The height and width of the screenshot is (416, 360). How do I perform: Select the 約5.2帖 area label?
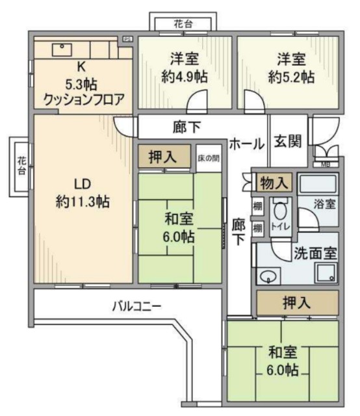290,76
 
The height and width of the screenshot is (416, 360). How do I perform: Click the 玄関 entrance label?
287,140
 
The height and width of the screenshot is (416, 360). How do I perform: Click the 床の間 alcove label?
207,158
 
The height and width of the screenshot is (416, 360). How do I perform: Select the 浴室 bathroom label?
326,203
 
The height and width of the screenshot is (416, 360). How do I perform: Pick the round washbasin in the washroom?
267,278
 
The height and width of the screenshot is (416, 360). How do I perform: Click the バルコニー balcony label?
136,305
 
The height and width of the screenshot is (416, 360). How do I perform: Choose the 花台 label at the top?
183,25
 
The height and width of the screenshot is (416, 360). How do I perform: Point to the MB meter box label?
326,164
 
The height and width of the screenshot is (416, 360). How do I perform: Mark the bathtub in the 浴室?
318,185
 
